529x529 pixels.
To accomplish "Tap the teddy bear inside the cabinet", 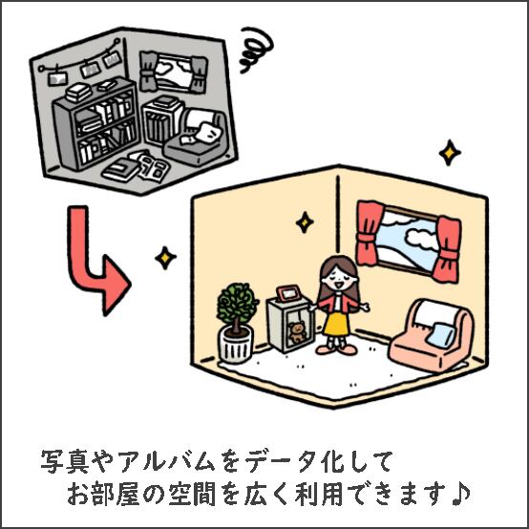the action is pos(297,332).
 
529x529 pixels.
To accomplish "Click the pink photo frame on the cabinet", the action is pos(288,293).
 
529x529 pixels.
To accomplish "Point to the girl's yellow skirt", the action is pos(336,324).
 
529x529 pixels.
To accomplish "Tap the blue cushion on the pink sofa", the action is pos(440,334).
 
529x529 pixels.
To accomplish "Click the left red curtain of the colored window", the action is pos(370,233).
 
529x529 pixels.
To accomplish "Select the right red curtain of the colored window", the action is pos(447,249).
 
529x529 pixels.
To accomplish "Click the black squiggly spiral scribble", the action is pos(256,50).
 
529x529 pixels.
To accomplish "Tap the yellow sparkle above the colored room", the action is pos(450,153).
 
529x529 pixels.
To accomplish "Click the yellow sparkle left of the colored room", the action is pos(165,258).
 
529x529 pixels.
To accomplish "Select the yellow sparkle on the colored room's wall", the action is pos(305,222).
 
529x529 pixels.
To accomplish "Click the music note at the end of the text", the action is pos(460,494).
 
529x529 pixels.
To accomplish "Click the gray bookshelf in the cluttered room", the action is pos(96,123).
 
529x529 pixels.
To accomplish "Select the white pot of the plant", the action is pos(236,345).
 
